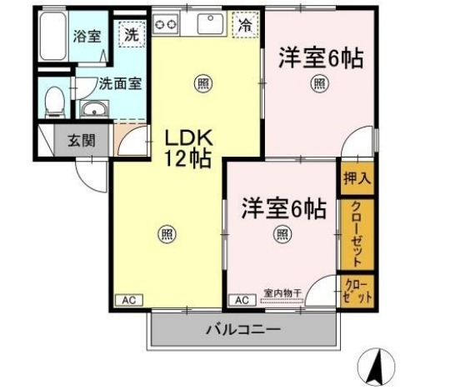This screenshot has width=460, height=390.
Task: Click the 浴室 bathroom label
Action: click(87, 37)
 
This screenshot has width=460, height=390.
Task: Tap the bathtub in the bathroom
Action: click(52, 36)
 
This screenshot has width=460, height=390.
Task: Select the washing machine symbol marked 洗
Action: click(132, 35)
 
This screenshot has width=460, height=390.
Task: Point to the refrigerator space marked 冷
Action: click(245, 25)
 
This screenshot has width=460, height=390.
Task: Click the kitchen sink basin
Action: click(210, 24)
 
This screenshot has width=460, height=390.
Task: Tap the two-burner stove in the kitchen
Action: click(166, 24)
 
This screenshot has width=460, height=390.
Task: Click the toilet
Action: click(55, 102)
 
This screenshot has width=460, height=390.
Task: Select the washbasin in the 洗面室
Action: click(94, 109)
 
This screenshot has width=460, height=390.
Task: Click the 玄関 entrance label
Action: click(82, 141)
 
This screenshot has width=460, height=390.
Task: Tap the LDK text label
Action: click(188, 138)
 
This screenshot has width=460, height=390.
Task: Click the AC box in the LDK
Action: click(129, 300)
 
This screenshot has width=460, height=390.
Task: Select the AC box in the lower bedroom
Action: click(242, 300)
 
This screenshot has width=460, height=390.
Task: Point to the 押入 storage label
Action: click(357, 177)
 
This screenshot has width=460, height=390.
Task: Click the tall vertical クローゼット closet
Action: click(357, 234)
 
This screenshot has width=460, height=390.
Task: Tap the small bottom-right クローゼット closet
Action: click(357, 291)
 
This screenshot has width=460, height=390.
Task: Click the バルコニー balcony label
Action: click(243, 330)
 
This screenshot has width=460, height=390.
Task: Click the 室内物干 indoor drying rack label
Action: click(282, 292)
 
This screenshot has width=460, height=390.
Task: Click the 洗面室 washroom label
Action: click(120, 84)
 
